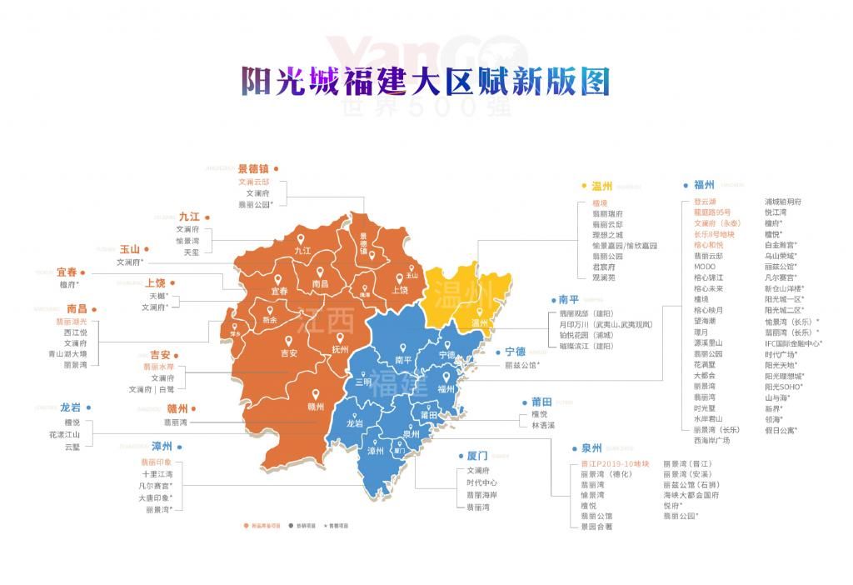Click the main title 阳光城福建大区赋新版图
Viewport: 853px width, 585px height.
pos(426,81)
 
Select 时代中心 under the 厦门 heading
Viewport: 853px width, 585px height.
pos(481,482)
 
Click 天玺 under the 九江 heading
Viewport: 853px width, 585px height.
pos(192,252)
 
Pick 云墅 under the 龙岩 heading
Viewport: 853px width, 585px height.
pos(72,447)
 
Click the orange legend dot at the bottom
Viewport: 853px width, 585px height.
pos(247,526)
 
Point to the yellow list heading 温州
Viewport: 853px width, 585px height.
pos(601,187)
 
